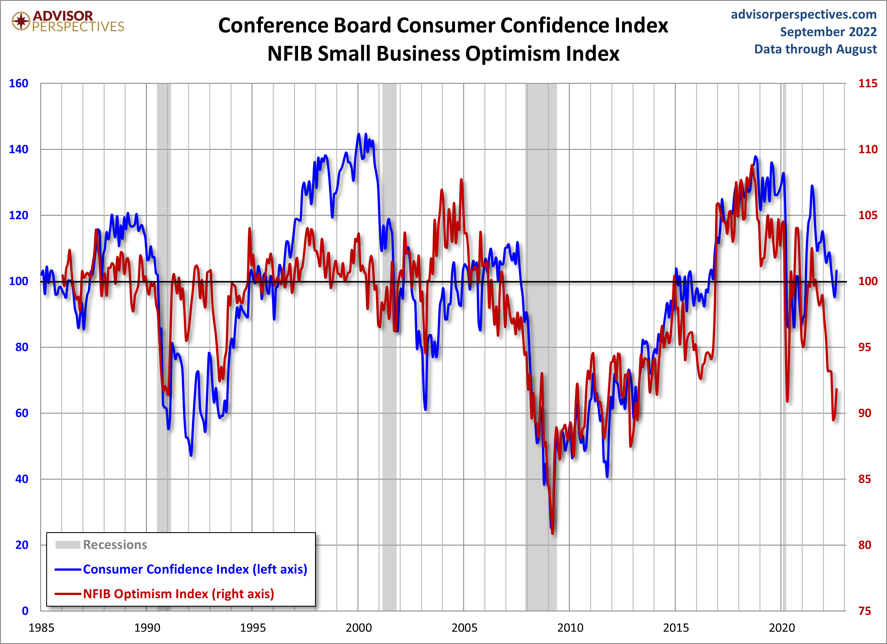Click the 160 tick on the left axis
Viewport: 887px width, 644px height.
pos(18,83)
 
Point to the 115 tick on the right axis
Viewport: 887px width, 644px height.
pos(867,83)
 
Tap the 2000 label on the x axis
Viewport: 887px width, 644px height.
pos(358,628)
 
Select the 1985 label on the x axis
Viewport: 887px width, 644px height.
pos(41,628)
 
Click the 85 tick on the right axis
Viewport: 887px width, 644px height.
pos(864,479)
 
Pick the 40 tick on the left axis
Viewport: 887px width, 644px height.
pos(22,479)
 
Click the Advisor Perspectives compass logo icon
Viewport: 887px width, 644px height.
pos(21,21)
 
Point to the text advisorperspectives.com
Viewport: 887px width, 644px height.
pos(804,14)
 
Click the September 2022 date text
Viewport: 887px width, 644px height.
pos(828,32)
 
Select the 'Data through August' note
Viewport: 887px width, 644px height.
pos(815,49)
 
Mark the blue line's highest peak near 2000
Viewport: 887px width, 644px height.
pos(359,134)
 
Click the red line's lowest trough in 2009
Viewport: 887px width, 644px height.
pos(552,533)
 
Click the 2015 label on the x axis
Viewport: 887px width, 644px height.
pos(676,628)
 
